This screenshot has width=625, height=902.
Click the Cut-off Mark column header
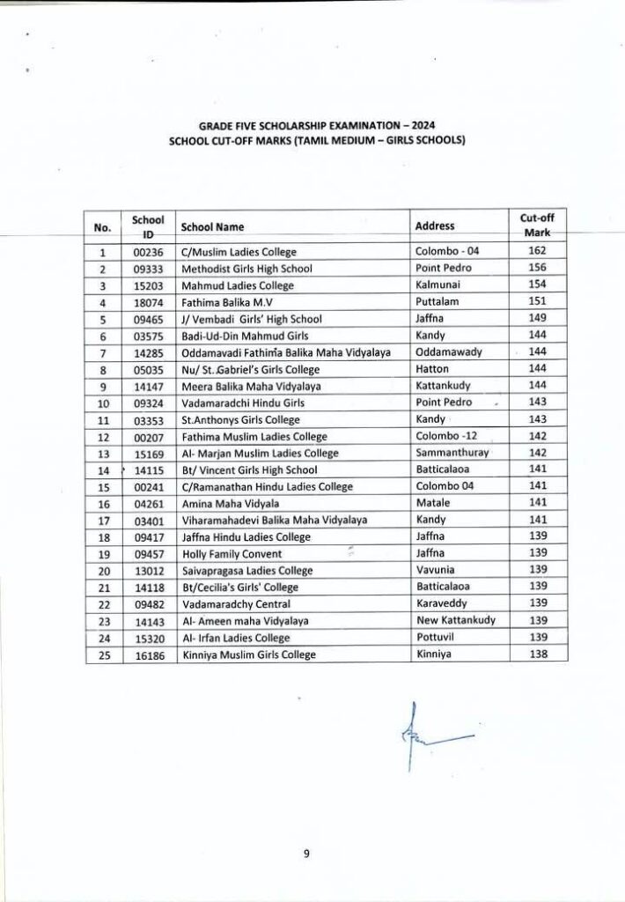[532, 225]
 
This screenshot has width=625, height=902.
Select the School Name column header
[212, 226]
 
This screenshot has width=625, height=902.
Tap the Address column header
[434, 225]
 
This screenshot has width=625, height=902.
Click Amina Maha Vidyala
[222, 503]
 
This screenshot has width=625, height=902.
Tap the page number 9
[308, 852]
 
